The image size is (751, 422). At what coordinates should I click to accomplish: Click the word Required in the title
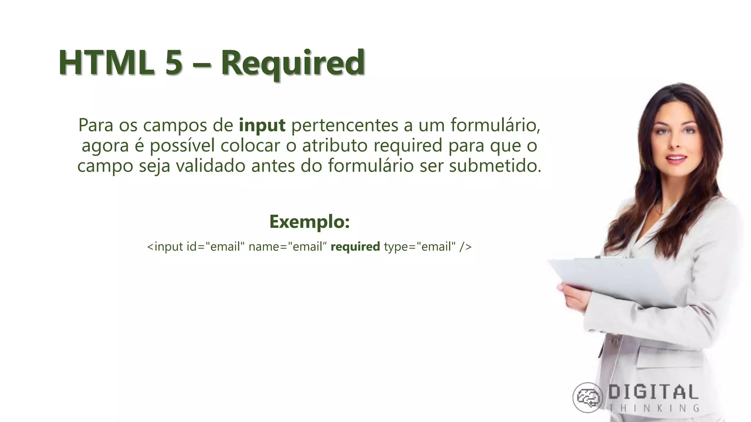pyautogui.click(x=292, y=63)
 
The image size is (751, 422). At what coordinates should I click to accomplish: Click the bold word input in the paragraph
pyautogui.click(x=262, y=126)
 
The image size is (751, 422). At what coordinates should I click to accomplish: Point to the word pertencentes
pyautogui.click(x=344, y=126)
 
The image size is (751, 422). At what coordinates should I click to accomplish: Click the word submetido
pyautogui.click(x=495, y=166)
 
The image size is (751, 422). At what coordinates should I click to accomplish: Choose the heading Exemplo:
pyautogui.click(x=309, y=222)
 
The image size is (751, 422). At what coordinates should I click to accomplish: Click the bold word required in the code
pyautogui.click(x=355, y=247)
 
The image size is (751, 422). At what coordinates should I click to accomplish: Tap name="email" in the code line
pyautogui.click(x=287, y=247)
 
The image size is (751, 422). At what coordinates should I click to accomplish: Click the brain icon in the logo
pyautogui.click(x=587, y=397)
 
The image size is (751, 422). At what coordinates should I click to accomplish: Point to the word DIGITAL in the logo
pyautogui.click(x=653, y=393)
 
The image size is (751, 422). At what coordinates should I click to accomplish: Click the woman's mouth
pyautogui.click(x=676, y=159)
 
